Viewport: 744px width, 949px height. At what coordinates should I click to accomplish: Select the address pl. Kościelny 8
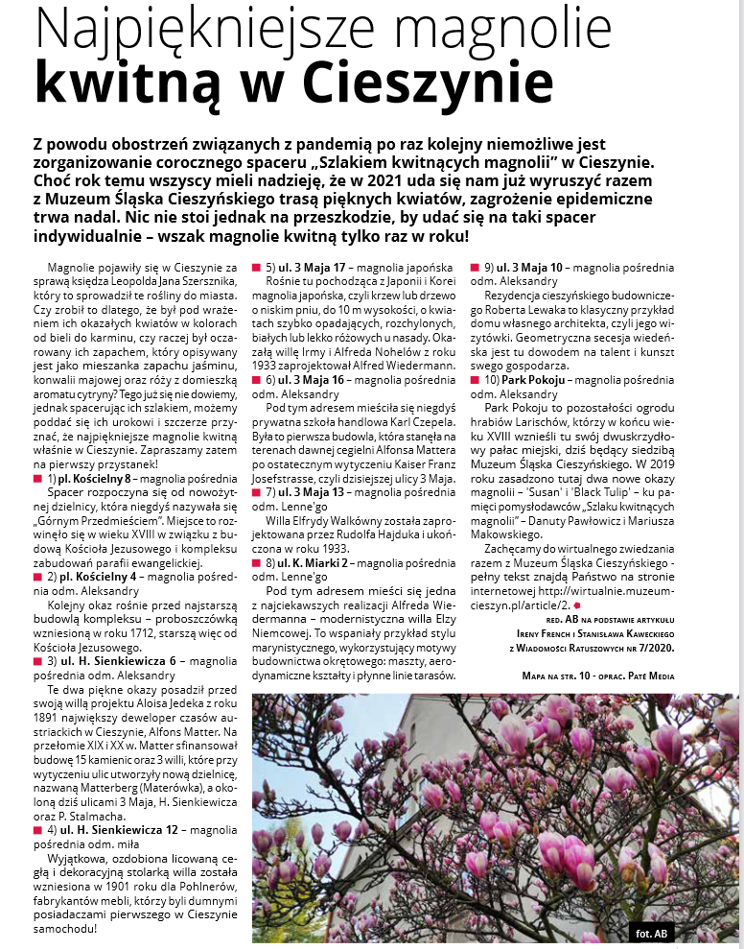pos(95,477)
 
